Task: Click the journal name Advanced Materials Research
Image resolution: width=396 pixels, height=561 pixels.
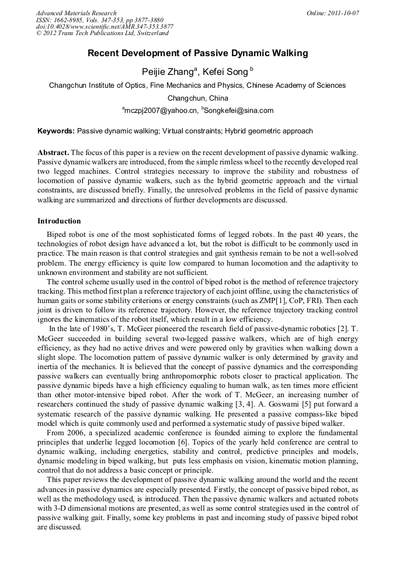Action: [76, 13]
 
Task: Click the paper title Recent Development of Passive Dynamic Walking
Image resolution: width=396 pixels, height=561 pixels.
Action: [197, 54]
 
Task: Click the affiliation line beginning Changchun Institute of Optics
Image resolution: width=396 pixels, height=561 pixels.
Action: [197, 85]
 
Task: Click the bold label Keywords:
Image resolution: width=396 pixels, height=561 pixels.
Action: [56, 131]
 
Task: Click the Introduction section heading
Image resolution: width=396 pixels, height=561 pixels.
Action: [59, 221]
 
